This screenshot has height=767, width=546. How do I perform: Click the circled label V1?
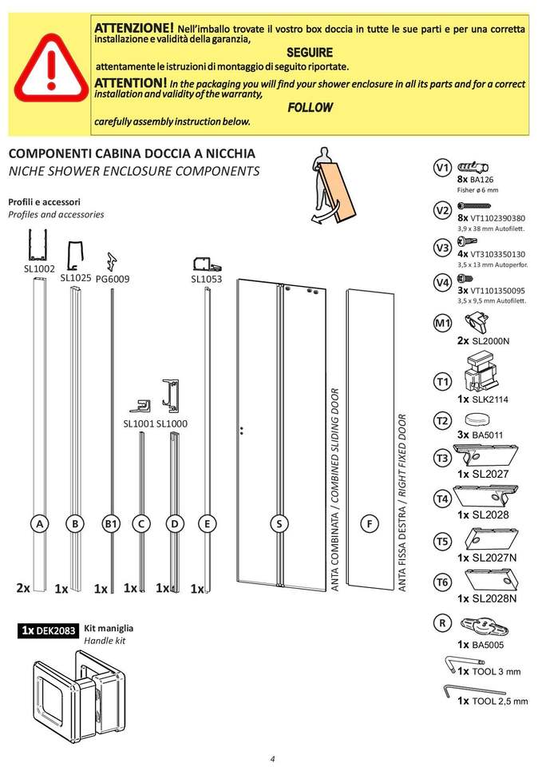coord(442,168)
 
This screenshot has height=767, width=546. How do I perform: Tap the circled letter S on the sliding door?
coord(279,523)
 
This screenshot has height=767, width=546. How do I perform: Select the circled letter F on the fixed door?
coord(369,523)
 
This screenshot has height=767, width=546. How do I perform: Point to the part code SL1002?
coord(38,269)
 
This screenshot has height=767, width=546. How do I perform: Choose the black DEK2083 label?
coord(49,631)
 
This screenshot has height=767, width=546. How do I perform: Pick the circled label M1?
coord(442,324)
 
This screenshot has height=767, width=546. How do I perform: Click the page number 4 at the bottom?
coord(272,758)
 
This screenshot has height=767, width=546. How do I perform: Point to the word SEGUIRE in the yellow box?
coord(309,52)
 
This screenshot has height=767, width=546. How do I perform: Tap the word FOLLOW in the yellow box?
coord(310,107)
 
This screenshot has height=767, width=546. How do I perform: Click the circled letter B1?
coord(111,523)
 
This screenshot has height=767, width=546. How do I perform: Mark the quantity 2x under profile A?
coord(23,588)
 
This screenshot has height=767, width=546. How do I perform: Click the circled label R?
coord(442,622)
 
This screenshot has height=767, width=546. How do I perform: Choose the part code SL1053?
coord(206,279)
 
